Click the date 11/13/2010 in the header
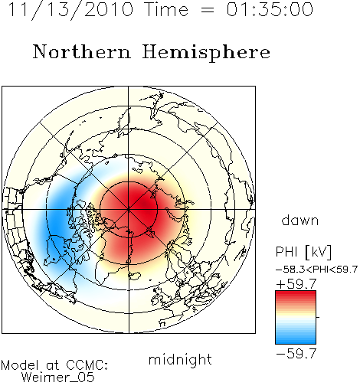[70, 10]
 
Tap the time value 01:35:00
[270, 9]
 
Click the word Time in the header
[166, 9]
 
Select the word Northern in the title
[82, 51]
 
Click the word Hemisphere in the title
[206, 53]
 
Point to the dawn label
[300, 220]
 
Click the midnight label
[180, 360]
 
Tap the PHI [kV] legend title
[303, 252]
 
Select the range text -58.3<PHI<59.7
[316, 270]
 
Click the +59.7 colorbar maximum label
[296, 284]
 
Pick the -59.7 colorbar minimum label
[296, 354]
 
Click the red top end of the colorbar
[296, 293]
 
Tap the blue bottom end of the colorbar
[296, 342]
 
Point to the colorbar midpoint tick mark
[318, 317]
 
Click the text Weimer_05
[58, 378]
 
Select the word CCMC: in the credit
[87, 365]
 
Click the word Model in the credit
[20, 365]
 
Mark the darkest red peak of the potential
[145, 204]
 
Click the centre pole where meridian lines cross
[129, 210]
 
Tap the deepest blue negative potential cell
[57, 224]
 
